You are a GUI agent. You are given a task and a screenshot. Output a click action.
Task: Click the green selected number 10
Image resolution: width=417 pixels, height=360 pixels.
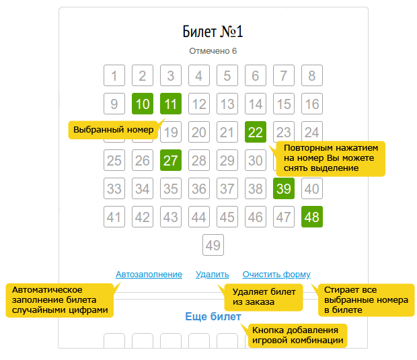tap(143, 104)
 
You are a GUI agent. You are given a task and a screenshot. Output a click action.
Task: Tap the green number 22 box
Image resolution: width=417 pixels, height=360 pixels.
tap(256, 132)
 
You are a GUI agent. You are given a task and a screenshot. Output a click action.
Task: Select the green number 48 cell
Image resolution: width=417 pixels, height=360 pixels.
tap(312, 217)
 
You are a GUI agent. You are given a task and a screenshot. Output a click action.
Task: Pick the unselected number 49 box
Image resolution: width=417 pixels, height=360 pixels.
tap(213, 245)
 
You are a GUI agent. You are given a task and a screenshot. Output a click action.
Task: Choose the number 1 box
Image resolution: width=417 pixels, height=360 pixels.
tap(114, 75)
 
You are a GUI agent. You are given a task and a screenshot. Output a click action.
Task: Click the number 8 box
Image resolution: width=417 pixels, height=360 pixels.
tap(312, 75)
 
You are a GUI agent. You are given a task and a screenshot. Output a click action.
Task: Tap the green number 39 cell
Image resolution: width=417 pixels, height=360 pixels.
tap(284, 188)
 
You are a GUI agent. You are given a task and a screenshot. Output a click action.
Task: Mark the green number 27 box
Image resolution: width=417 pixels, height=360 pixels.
tap(171, 160)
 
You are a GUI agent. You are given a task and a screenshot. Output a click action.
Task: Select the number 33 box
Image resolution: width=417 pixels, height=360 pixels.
tap(114, 188)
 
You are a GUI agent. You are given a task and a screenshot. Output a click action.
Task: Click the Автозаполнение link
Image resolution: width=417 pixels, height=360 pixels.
tap(149, 275)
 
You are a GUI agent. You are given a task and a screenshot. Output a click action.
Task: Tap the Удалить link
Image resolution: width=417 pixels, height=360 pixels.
tap(213, 275)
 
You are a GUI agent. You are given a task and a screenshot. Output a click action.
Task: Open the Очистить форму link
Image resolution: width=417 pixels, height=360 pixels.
tap(276, 275)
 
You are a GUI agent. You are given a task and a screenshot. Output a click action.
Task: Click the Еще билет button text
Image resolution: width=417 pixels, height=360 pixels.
tap(213, 317)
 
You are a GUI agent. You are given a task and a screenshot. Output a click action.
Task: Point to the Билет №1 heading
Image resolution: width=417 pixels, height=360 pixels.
tap(213, 32)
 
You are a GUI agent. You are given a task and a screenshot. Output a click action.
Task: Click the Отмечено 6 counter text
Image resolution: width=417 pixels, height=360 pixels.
tap(213, 51)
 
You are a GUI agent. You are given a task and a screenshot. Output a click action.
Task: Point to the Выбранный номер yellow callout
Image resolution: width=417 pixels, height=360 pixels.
tap(113, 130)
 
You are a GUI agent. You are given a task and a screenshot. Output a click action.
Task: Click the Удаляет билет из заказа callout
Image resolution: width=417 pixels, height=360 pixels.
tap(264, 297)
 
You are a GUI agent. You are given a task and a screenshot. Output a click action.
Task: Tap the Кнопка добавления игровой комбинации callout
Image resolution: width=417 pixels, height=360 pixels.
tap(297, 336)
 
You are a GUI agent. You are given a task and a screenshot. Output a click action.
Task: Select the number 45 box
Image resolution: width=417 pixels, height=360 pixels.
tap(227, 217)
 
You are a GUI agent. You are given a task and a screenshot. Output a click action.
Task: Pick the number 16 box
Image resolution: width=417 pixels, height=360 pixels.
tap(312, 104)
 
